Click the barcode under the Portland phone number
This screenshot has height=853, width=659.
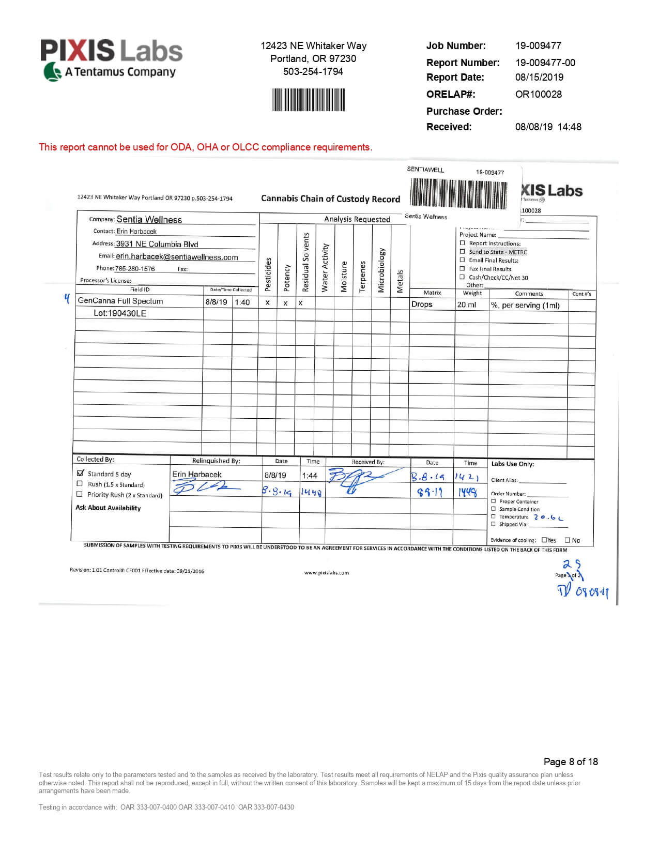pyautogui.click(x=309, y=99)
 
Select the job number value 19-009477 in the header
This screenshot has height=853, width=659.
pyautogui.click(x=538, y=45)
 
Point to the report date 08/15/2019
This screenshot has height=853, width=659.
pyautogui.click(x=539, y=77)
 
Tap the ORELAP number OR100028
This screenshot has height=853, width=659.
pyautogui.click(x=538, y=94)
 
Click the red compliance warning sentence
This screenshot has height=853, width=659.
pyautogui.click(x=205, y=147)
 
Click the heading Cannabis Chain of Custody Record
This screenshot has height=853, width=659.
pyautogui.click(x=330, y=199)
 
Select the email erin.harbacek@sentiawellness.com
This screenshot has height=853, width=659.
pyautogui.click(x=177, y=257)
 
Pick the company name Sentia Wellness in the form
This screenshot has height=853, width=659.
pyautogui.click(x=149, y=220)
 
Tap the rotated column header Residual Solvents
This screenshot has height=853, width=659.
pyautogui.click(x=305, y=262)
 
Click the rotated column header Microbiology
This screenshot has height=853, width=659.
pyautogui.click(x=381, y=270)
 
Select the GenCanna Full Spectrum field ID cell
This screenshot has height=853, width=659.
pyautogui.click(x=120, y=301)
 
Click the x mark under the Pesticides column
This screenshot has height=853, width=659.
pyautogui.click(x=267, y=303)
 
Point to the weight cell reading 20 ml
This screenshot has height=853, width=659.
pyautogui.click(x=466, y=304)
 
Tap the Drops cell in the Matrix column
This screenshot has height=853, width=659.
pyautogui.click(x=422, y=304)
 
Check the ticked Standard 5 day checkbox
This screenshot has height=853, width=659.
pyautogui.click(x=80, y=473)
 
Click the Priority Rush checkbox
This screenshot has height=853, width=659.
pyautogui.click(x=80, y=494)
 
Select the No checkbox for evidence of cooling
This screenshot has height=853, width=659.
pyautogui.click(x=568, y=540)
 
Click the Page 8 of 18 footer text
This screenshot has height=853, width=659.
pyautogui.click(x=571, y=761)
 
